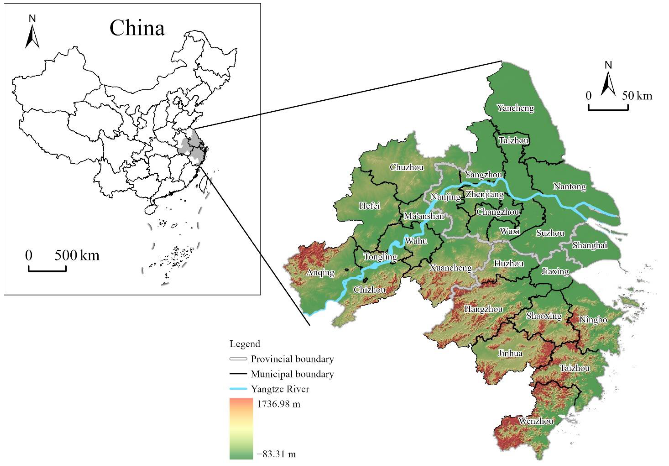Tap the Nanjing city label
[x=445, y=197]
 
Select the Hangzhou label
[x=483, y=309]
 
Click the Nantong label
[x=570, y=186]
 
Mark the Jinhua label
[x=510, y=353]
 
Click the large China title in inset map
[x=137, y=28]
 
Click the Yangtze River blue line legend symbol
[x=238, y=389]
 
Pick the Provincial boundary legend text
[x=292, y=359]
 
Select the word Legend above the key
[x=245, y=344]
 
